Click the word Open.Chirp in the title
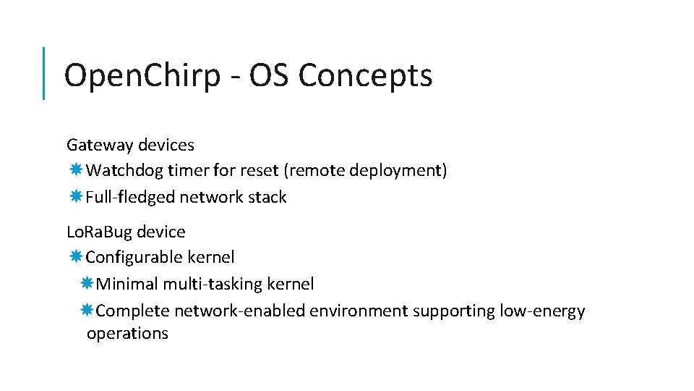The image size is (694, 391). tap(141, 75)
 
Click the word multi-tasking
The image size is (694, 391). tap(213, 284)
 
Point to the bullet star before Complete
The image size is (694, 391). tap(87, 311)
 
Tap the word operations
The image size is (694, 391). tap(127, 334)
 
